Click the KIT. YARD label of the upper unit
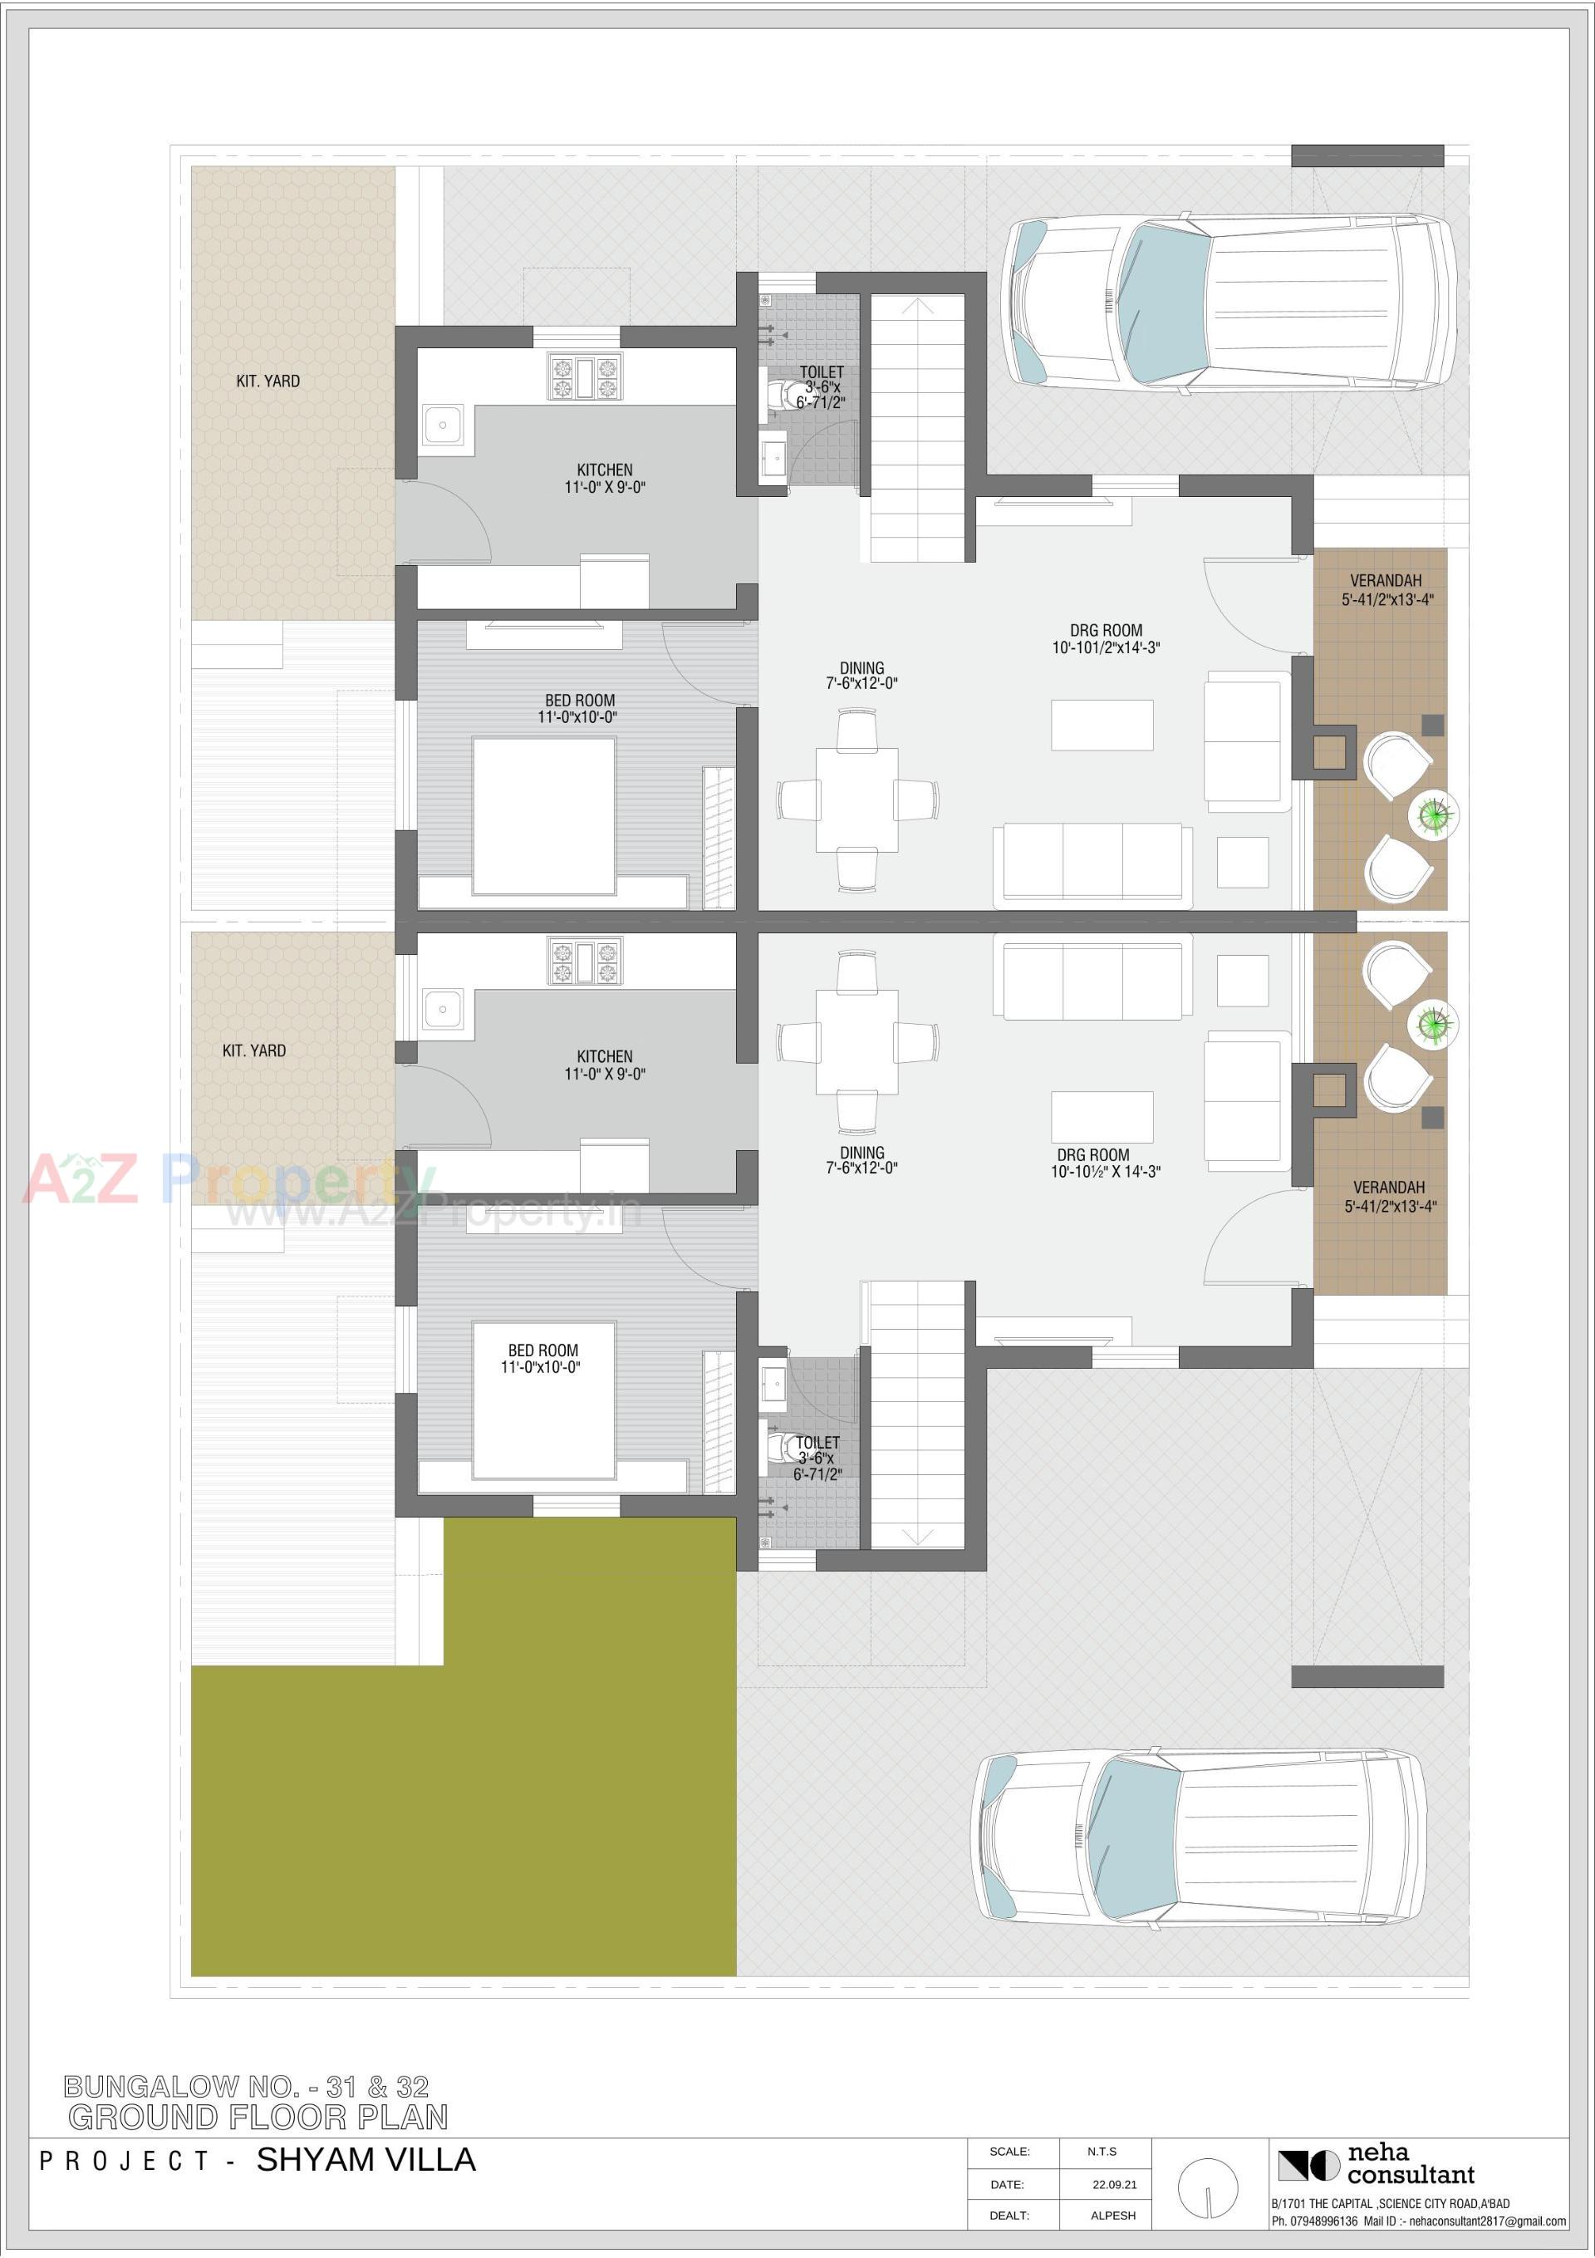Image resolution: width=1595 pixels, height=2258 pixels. tap(267, 381)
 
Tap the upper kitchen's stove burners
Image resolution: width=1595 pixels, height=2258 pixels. tap(584, 376)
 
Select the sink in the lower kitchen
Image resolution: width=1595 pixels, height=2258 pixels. tap(443, 1009)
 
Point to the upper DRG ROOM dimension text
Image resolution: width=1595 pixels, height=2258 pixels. tap(1106, 647)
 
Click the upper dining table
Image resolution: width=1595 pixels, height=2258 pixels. tap(856, 799)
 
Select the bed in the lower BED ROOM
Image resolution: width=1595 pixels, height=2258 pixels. tap(544, 1400)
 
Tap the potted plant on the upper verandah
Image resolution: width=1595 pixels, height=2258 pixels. tap(1434, 815)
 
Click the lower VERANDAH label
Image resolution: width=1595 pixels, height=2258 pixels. tap(1388, 1187)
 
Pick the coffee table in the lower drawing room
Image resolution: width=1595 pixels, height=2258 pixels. tap(1102, 1116)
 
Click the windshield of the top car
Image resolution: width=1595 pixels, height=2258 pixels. tap(1168, 300)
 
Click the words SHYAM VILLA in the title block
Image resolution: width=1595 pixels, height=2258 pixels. tap(366, 2160)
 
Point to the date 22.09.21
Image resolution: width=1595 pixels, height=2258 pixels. tap(1114, 2184)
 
